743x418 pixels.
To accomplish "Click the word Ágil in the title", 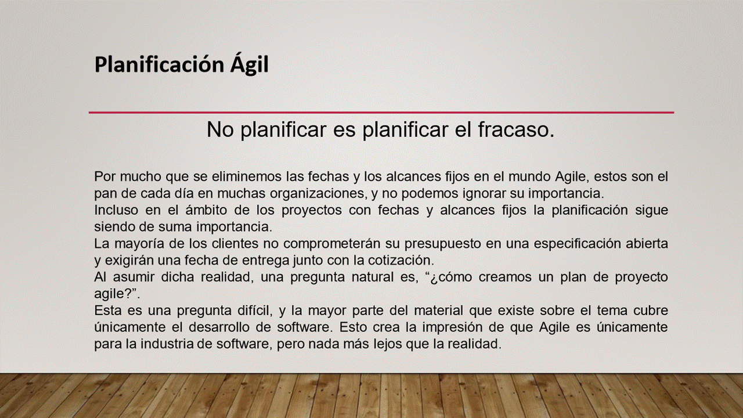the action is coord(250,64).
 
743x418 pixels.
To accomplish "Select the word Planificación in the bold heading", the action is coord(160,65).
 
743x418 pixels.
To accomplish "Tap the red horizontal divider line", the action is coord(381,113).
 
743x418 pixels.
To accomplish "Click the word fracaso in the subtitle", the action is coord(516,129).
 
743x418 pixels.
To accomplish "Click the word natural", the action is coord(373,277).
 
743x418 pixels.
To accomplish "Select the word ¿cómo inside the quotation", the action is coord(448,277).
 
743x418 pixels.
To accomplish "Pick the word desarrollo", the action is coord(219,327).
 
